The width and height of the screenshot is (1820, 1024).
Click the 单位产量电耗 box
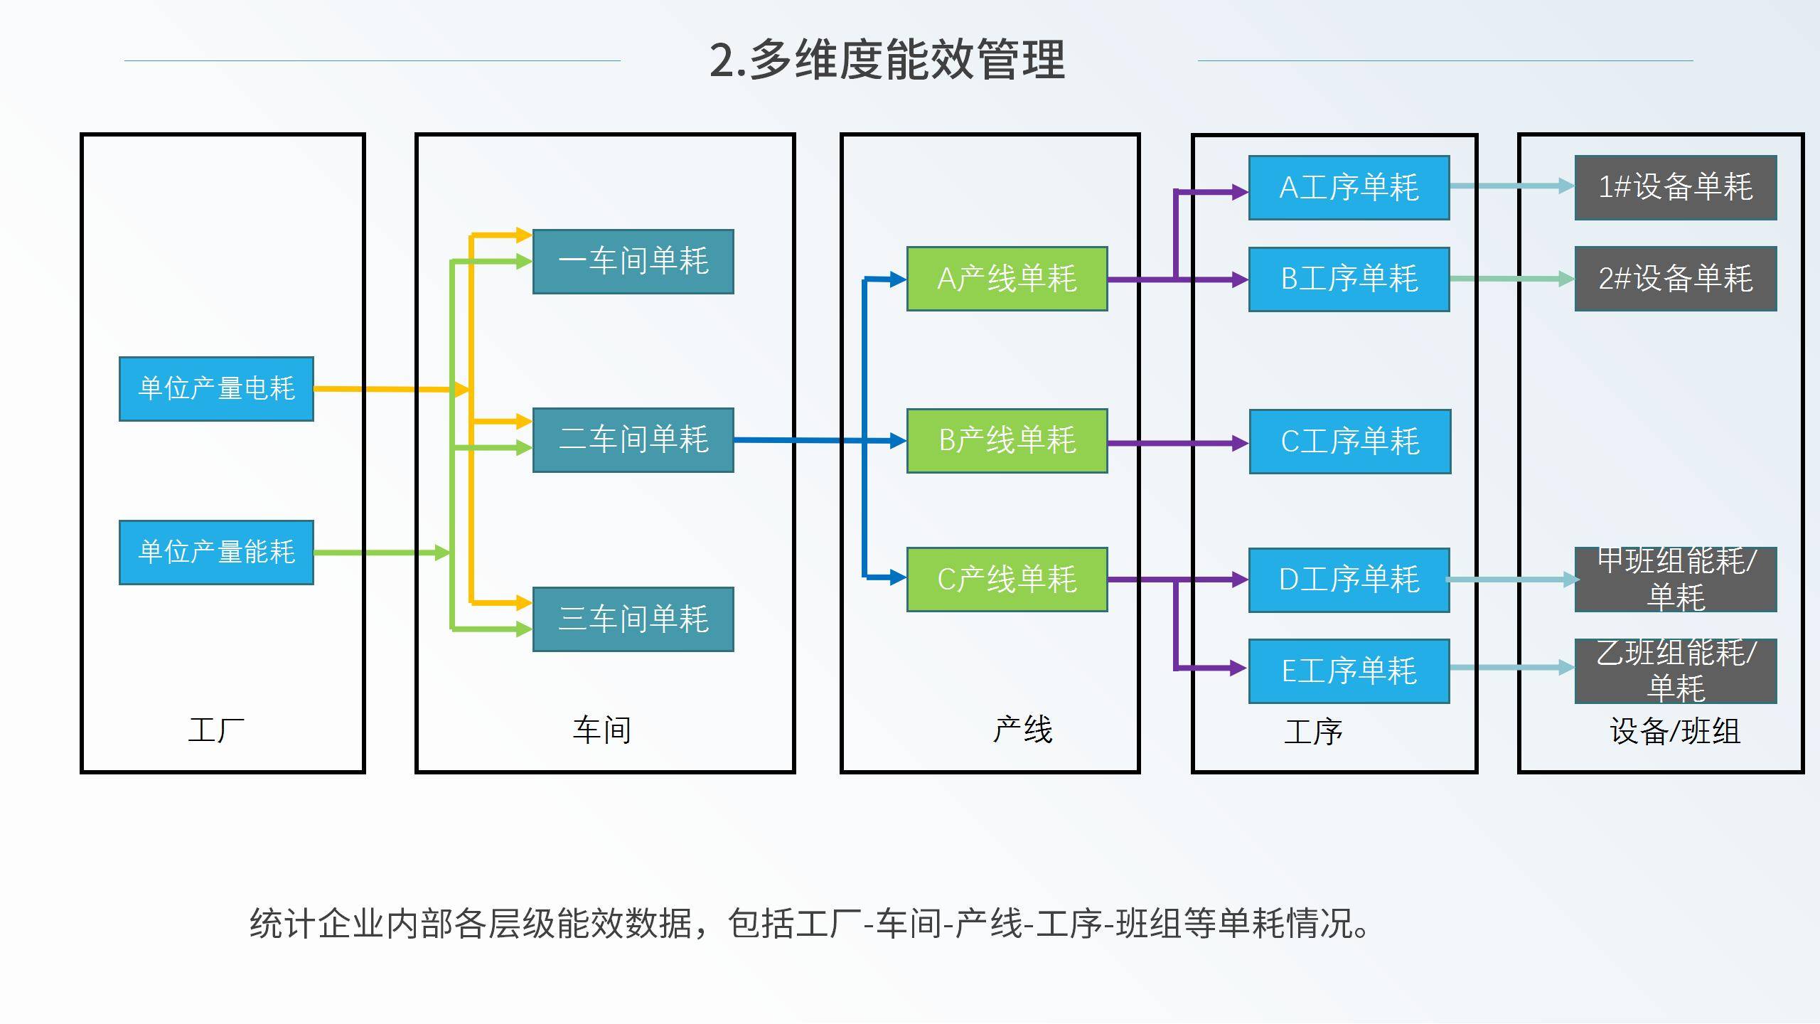216,389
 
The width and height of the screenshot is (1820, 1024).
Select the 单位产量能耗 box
216,553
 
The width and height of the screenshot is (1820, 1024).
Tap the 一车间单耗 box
633,262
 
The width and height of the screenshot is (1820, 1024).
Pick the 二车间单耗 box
633,440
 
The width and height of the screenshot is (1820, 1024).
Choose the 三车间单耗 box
633,619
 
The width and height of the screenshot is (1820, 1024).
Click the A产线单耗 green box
1007,279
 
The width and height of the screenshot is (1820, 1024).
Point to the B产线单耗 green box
1007,441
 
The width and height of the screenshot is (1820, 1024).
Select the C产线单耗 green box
1007,580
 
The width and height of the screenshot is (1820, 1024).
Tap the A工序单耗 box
1349,188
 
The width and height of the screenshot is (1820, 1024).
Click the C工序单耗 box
1349,442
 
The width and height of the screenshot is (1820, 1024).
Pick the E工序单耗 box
1349,671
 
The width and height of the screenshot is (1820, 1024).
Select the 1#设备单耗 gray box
1676,188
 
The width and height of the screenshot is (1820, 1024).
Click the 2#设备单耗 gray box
1676,279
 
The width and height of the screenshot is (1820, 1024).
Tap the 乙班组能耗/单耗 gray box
1676,671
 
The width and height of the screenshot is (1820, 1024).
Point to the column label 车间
602,730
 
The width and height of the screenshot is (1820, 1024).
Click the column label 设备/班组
1675,731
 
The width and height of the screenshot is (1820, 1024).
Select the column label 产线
1022,730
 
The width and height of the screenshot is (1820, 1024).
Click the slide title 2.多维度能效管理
887,60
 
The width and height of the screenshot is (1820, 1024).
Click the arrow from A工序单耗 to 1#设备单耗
1511,186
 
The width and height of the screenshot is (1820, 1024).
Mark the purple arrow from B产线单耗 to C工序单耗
1177,444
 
